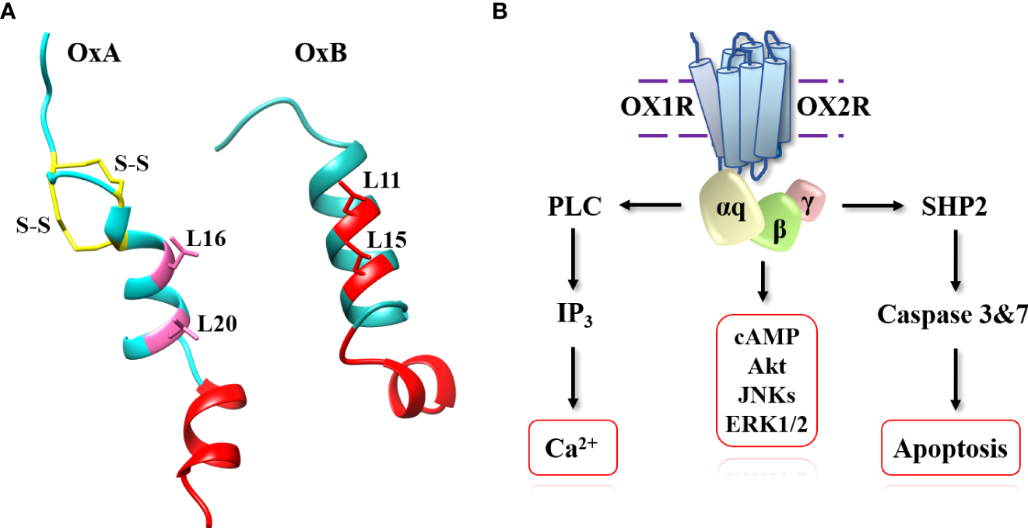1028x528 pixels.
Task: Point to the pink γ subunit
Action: [807, 198]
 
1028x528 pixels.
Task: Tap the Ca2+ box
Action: [573, 448]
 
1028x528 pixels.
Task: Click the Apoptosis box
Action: [950, 449]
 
